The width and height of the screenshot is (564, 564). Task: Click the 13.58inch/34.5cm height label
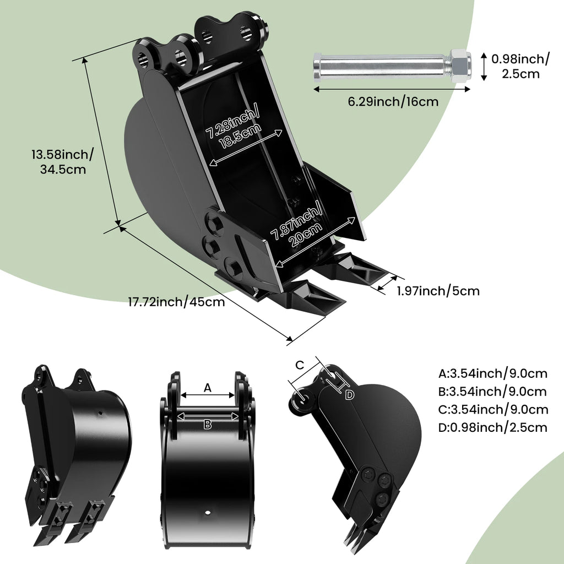[62, 161]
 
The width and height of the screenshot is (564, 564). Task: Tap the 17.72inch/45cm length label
[176, 302]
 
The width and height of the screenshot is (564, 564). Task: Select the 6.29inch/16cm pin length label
[392, 101]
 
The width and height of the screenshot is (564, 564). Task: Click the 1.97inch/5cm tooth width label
[438, 291]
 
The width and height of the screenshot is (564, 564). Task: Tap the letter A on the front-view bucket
[207, 388]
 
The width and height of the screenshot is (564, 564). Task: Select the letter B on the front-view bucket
[208, 424]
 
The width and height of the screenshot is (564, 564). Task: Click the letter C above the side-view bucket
[300, 365]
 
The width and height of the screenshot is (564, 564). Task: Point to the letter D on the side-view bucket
[349, 394]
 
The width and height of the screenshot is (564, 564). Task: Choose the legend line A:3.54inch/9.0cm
[493, 374]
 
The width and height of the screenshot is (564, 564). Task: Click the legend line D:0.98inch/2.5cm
[493, 427]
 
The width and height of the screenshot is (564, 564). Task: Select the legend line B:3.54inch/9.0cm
[493, 392]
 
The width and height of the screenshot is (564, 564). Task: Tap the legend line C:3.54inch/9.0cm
[493, 409]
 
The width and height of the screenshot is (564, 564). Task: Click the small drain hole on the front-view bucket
[208, 513]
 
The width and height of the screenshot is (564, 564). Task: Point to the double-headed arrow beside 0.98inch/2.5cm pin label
[483, 66]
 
